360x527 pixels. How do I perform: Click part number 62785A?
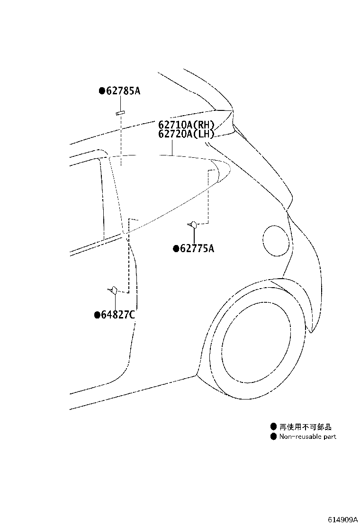pyautogui.click(x=123, y=91)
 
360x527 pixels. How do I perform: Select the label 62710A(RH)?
pyautogui.click(x=186, y=125)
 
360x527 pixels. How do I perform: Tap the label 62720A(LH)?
pyautogui.click(x=186, y=134)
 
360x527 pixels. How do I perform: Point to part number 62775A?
pyautogui.click(x=197, y=248)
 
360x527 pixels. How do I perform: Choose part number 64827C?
pyautogui.click(x=118, y=315)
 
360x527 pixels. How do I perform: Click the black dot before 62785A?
pyautogui.click(x=102, y=91)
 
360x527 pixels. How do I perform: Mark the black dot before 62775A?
pyautogui.click(x=176, y=249)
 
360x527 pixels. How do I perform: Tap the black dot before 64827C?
pyautogui.click(x=97, y=315)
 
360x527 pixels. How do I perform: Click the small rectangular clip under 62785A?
pyautogui.click(x=120, y=113)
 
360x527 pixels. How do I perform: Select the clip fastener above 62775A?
pyautogui.click(x=193, y=224)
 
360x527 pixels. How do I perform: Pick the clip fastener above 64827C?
pyautogui.click(x=113, y=290)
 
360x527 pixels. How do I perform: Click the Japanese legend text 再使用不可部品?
pyautogui.click(x=306, y=427)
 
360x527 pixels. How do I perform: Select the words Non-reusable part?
pyautogui.click(x=307, y=436)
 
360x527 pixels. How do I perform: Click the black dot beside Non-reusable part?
pyautogui.click(x=274, y=436)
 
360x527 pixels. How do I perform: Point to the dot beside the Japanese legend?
pyautogui.click(x=274, y=427)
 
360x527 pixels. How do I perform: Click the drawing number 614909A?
pyautogui.click(x=342, y=519)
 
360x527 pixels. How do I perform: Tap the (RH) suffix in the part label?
pyautogui.click(x=206, y=125)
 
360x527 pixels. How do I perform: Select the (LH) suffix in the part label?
pyautogui.click(x=206, y=134)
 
